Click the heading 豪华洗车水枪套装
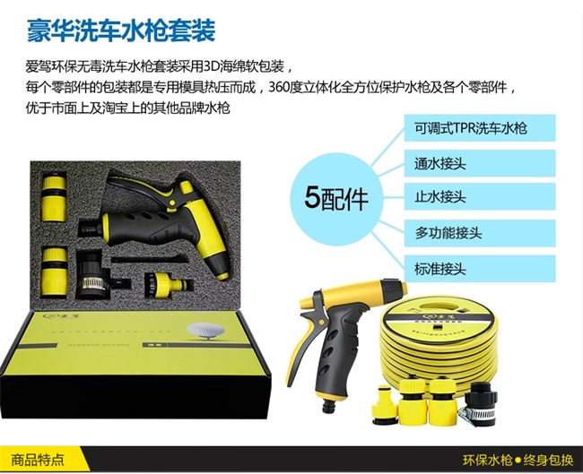point(121,30)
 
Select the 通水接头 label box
point(480,163)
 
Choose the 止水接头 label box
point(480,196)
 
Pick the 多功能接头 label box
point(480,233)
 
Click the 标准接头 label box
point(480,268)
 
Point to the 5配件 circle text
point(335,198)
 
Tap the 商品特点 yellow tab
point(38,460)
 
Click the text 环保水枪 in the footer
point(487,461)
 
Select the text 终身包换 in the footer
point(548,461)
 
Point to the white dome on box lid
point(203,331)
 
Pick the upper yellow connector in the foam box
point(54,197)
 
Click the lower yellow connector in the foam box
point(55,271)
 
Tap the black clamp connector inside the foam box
point(91,275)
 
